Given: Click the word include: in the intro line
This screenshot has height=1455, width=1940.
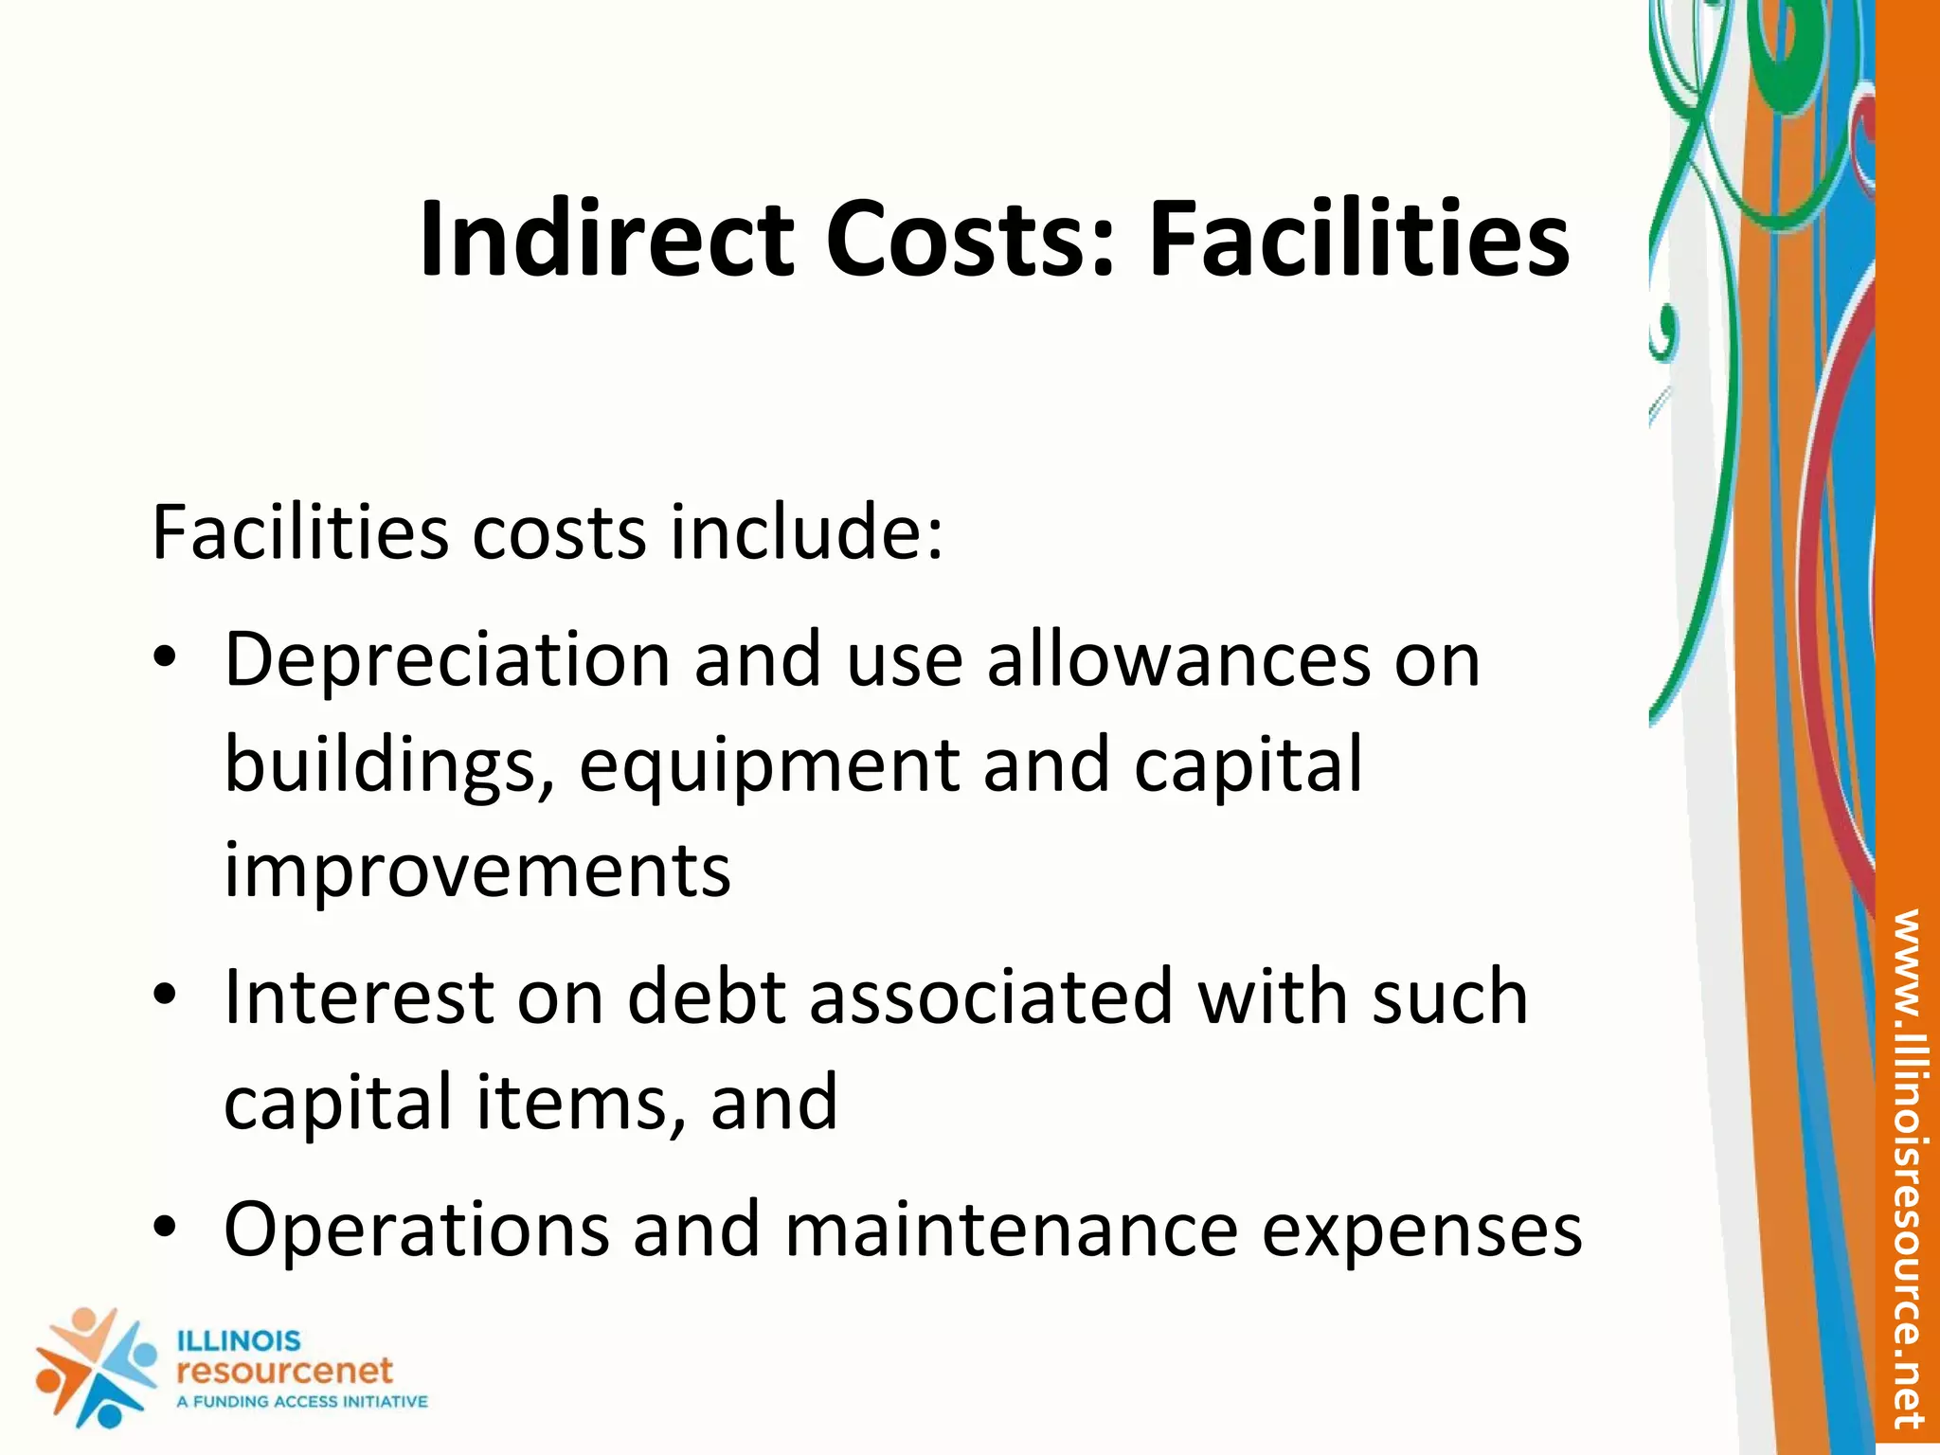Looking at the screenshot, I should (x=806, y=533).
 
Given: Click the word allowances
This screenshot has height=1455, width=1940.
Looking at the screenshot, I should (x=1178, y=660).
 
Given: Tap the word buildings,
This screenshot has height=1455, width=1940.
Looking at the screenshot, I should (x=389, y=766).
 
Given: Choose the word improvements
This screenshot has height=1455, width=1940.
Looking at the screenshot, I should (x=477, y=871).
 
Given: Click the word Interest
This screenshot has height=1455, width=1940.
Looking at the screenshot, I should (x=359, y=997).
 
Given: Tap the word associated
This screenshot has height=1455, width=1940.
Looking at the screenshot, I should (x=991, y=997).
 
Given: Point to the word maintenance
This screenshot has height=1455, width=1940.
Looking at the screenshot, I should (x=1011, y=1230).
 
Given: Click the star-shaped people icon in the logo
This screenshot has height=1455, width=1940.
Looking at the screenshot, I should (x=96, y=1367).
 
